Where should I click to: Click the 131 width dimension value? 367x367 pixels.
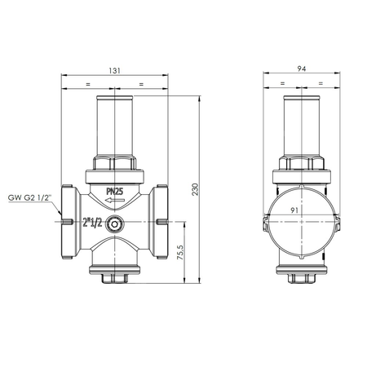point(114,71)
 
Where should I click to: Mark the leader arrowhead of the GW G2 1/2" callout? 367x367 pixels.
point(65,220)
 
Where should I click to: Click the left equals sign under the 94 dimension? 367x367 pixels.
point(281,83)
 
